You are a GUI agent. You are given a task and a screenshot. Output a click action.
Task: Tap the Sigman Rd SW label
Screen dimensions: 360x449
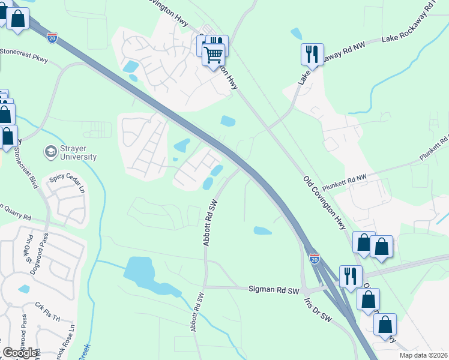274,289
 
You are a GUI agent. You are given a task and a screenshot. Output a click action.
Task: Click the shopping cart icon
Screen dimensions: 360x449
214,56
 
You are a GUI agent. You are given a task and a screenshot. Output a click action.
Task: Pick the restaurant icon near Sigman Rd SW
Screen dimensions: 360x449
351,275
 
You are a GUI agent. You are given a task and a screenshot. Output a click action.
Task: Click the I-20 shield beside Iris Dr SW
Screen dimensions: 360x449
315,259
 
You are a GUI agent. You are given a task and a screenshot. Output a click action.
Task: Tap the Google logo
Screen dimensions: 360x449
19,353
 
